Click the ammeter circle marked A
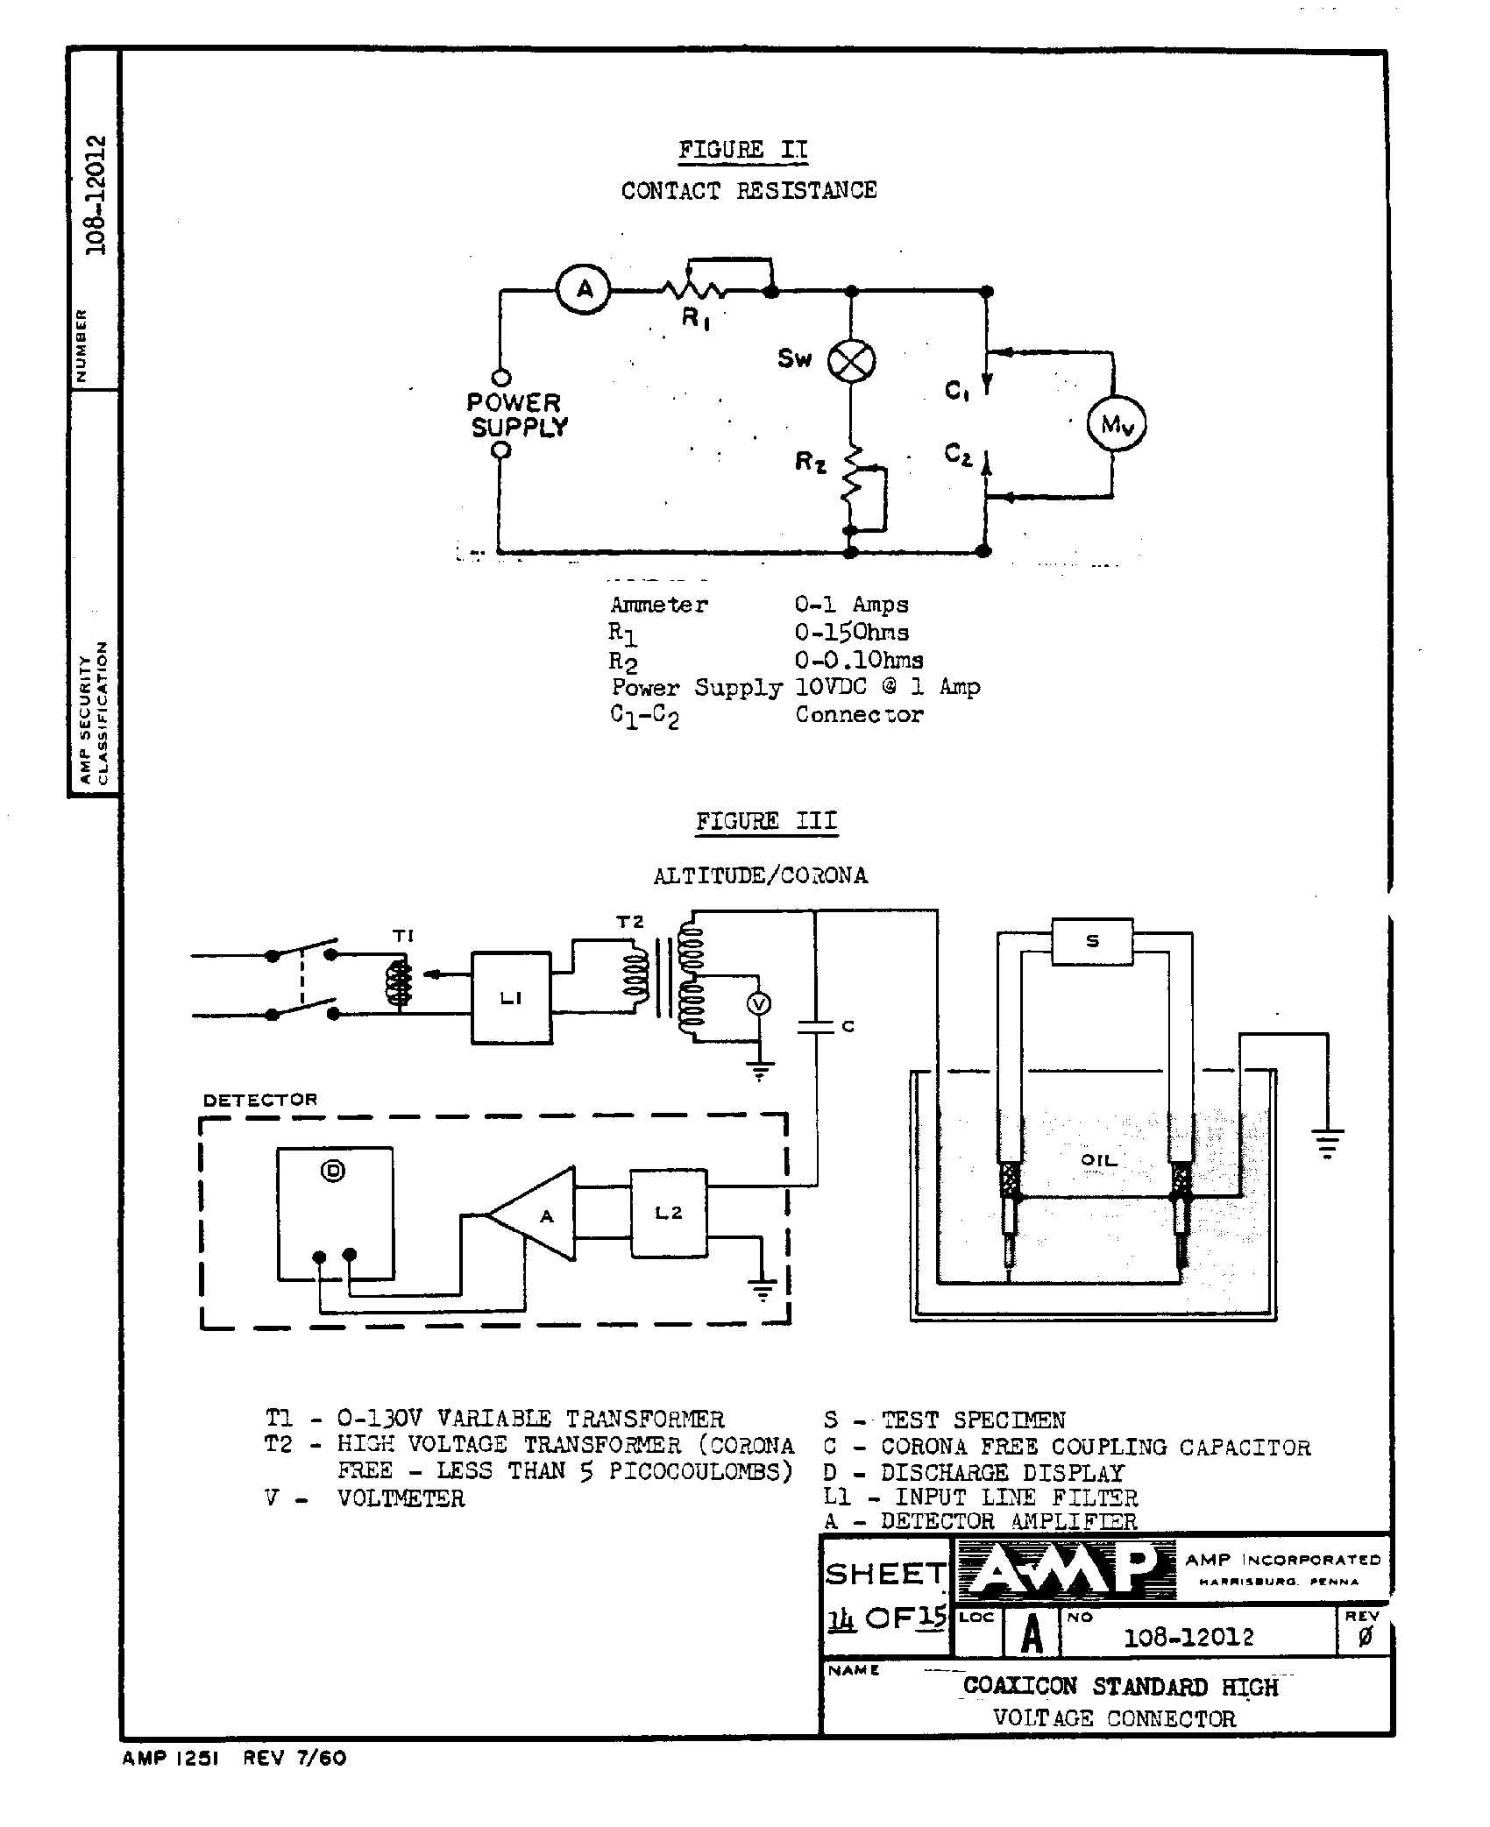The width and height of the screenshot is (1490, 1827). click(585, 289)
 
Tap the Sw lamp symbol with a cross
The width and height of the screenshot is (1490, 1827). click(851, 360)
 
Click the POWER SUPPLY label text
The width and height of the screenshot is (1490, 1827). click(517, 415)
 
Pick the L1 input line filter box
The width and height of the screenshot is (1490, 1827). click(512, 998)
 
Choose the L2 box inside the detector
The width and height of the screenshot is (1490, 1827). click(669, 1214)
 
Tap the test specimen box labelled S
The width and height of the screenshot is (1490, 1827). click(1092, 942)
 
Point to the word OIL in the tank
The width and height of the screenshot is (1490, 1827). click(1099, 1159)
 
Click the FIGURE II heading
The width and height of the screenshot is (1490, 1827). click(742, 150)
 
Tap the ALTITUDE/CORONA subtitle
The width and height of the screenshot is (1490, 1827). click(760, 875)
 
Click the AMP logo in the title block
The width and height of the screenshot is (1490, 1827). click(1064, 1571)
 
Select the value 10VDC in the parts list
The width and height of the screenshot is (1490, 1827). click(831, 687)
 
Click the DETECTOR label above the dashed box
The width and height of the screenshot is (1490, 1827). click(260, 1100)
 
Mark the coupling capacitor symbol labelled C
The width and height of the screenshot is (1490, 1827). click(815, 1026)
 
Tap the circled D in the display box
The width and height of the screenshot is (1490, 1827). click(333, 1171)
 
